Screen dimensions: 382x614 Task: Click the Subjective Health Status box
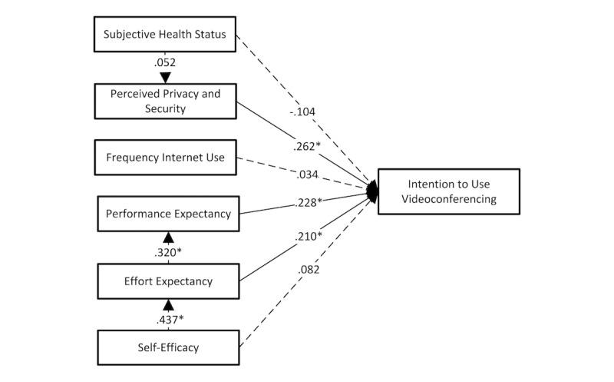pyautogui.click(x=165, y=35)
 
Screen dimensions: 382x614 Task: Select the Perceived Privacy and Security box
pyautogui.click(x=165, y=101)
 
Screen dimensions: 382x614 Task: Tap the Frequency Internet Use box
pyautogui.click(x=165, y=158)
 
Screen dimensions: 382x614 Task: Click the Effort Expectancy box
pyautogui.click(x=165, y=281)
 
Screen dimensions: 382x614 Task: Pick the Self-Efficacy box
pyautogui.click(x=165, y=347)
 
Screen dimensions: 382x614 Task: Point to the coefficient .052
pyautogui.click(x=168, y=63)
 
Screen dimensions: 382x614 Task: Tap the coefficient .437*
pyautogui.click(x=168, y=317)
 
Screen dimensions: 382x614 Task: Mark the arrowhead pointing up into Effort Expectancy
pyautogui.click(x=168, y=304)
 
